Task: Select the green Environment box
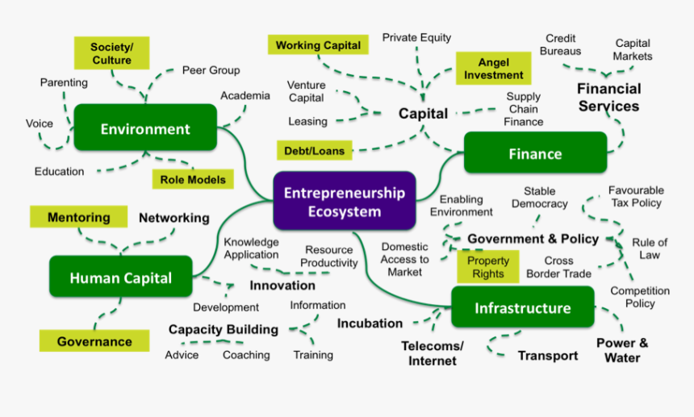click(145, 128)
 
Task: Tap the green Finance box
click(535, 153)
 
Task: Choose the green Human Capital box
click(121, 277)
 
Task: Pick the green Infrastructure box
click(522, 308)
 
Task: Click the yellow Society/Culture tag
click(111, 53)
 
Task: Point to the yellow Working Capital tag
click(318, 46)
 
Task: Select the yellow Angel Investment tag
click(494, 69)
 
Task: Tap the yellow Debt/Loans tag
click(314, 150)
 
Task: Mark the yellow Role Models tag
click(192, 180)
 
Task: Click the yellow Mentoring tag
click(78, 217)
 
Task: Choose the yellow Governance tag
click(94, 341)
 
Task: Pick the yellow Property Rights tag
click(488, 267)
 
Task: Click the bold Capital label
click(423, 114)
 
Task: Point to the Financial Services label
click(608, 97)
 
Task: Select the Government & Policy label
click(533, 239)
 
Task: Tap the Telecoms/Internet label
click(433, 353)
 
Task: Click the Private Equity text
click(416, 37)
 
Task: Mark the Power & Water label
click(622, 350)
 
